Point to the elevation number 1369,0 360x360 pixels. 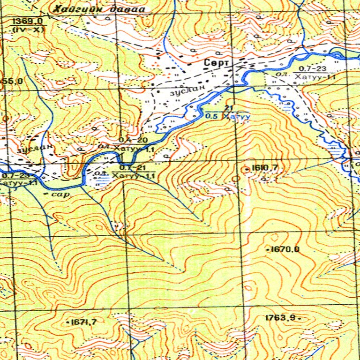pos(28,21)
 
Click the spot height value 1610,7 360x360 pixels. pos(265,168)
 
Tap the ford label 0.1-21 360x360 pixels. pos(131,167)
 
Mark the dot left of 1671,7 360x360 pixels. pos(69,322)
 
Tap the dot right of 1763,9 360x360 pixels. pos(299,318)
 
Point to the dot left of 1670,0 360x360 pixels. pos(268,249)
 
